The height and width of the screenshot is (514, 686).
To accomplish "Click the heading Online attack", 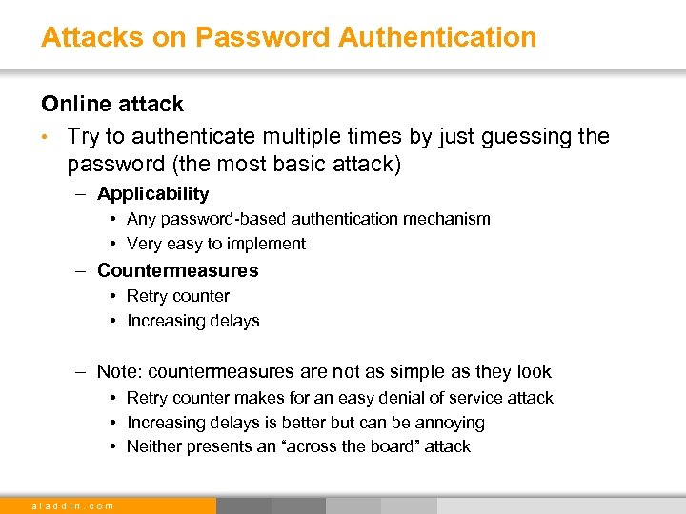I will (112, 103).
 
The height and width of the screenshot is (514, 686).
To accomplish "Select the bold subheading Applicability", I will (152, 194).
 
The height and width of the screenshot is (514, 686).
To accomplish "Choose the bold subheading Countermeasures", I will (177, 270).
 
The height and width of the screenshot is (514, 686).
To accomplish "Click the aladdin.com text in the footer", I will (73, 505).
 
